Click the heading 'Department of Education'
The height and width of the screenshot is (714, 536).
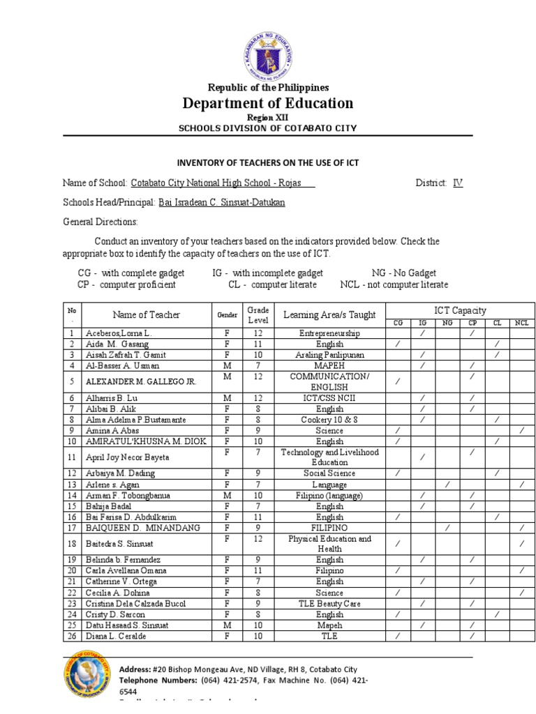(x=268, y=103)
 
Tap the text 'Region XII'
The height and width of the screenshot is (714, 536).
(x=268, y=117)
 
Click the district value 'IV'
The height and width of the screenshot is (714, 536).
(x=458, y=183)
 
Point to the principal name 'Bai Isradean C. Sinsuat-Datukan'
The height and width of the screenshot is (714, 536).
(x=221, y=202)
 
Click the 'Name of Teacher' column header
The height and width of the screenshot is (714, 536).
(x=147, y=314)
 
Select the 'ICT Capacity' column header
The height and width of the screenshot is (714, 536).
(x=460, y=310)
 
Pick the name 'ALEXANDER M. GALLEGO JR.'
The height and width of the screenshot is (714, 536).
(x=131, y=381)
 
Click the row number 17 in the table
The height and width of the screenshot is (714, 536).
(x=71, y=528)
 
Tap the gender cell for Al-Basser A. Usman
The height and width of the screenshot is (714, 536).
(x=227, y=365)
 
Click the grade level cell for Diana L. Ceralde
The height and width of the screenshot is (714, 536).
(x=257, y=636)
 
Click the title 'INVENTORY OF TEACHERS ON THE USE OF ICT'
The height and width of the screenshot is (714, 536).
(x=268, y=162)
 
